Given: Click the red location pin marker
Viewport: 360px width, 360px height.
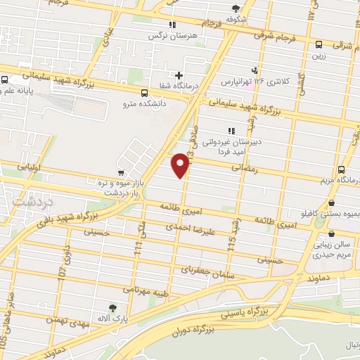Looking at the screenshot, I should (x=181, y=165).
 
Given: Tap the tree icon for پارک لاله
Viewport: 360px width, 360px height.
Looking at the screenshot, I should (x=112, y=307).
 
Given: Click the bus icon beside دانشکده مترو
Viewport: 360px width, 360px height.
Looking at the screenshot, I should (x=144, y=93).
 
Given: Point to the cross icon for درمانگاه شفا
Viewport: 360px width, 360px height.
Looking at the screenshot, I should (x=179, y=75).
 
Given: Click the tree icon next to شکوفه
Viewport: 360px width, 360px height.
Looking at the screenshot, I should (x=236, y=8).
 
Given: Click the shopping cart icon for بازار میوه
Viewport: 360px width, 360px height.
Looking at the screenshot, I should (x=121, y=172).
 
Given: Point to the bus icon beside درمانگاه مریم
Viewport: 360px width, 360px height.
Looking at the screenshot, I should (x=341, y=169).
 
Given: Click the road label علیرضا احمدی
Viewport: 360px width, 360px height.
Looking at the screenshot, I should (x=188, y=229).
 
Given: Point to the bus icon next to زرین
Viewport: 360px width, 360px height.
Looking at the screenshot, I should (x=319, y=42).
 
